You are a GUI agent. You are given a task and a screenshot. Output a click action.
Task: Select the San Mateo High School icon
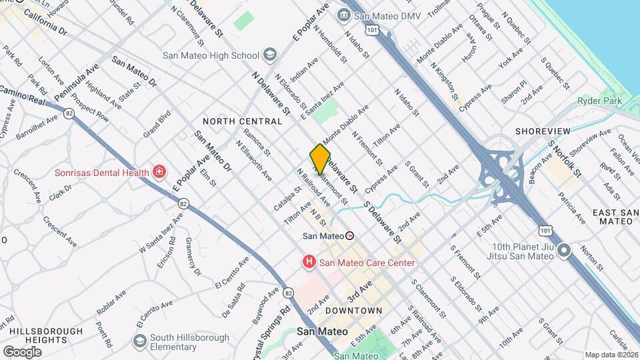click(x=269, y=54)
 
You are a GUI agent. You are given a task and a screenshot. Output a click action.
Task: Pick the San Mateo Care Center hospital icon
click(x=309, y=263)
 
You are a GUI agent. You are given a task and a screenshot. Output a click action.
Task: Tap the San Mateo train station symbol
click(x=349, y=235)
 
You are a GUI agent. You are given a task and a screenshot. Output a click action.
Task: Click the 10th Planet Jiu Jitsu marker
click(x=564, y=251)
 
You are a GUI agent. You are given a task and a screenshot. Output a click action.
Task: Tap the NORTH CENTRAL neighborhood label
click(x=243, y=121)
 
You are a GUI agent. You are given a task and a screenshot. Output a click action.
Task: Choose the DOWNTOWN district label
click(x=353, y=311)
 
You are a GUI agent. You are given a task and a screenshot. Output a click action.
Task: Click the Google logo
click(x=22, y=351)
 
